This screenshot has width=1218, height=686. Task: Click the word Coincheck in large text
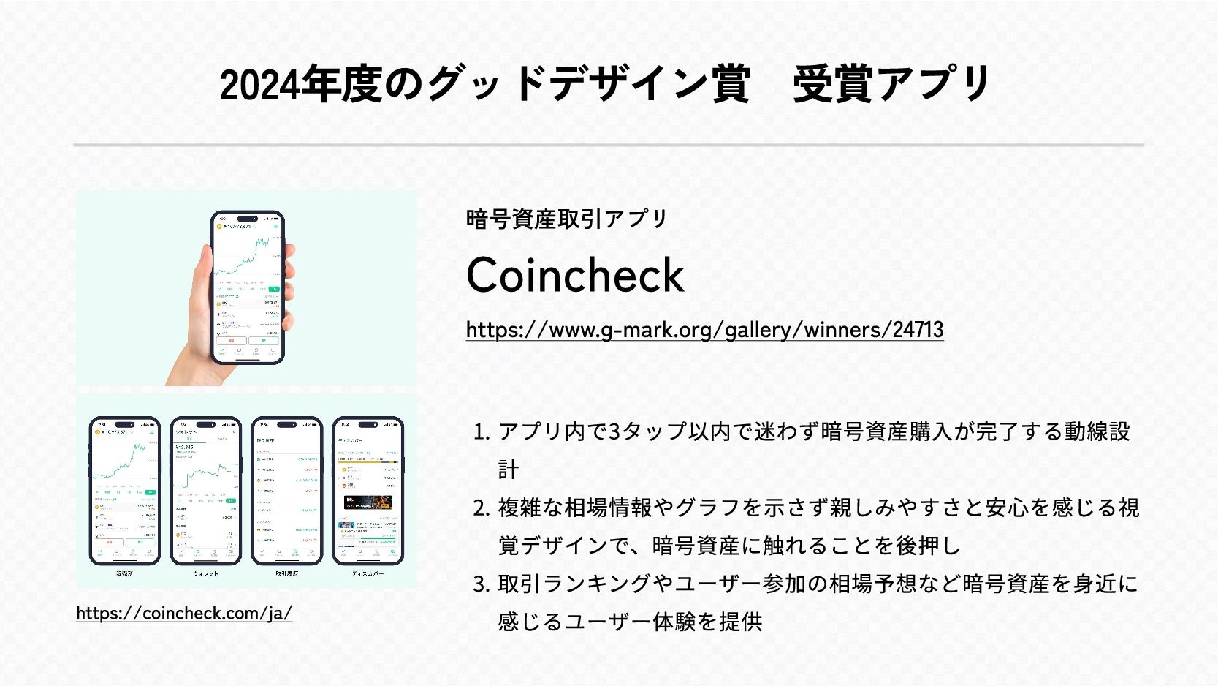coord(575,275)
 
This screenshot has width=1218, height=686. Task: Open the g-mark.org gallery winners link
coord(704,330)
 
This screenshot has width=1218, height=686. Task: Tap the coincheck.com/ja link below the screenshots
coord(184,613)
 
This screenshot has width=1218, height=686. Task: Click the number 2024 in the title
coord(259,85)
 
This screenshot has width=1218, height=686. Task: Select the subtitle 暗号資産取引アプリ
coord(567,219)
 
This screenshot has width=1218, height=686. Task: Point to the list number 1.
coord(481,432)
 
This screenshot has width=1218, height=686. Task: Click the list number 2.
coord(481,508)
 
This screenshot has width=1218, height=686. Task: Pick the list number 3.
coord(481,584)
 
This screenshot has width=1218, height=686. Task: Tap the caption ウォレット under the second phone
coord(205,573)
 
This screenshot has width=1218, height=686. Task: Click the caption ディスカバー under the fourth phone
coord(368,573)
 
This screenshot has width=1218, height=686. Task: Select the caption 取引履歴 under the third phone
coord(286,573)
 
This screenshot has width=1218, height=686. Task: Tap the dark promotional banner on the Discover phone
coord(368,502)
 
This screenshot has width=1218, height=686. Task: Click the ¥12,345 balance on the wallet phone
coord(185,447)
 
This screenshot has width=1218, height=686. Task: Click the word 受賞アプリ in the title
coord(891,85)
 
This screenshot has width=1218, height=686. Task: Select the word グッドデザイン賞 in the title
coord(588,85)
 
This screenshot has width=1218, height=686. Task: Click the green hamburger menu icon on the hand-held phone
coord(276,227)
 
